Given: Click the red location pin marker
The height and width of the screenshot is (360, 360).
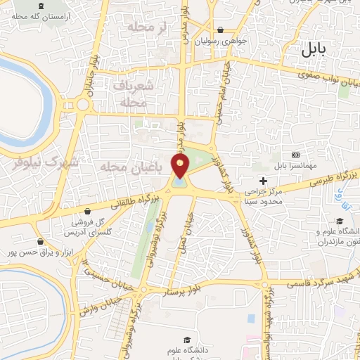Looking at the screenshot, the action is (x=181, y=165).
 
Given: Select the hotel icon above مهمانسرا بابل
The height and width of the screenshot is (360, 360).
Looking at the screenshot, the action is (x=295, y=155).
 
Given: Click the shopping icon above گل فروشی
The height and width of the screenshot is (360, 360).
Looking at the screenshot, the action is (x=86, y=211).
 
